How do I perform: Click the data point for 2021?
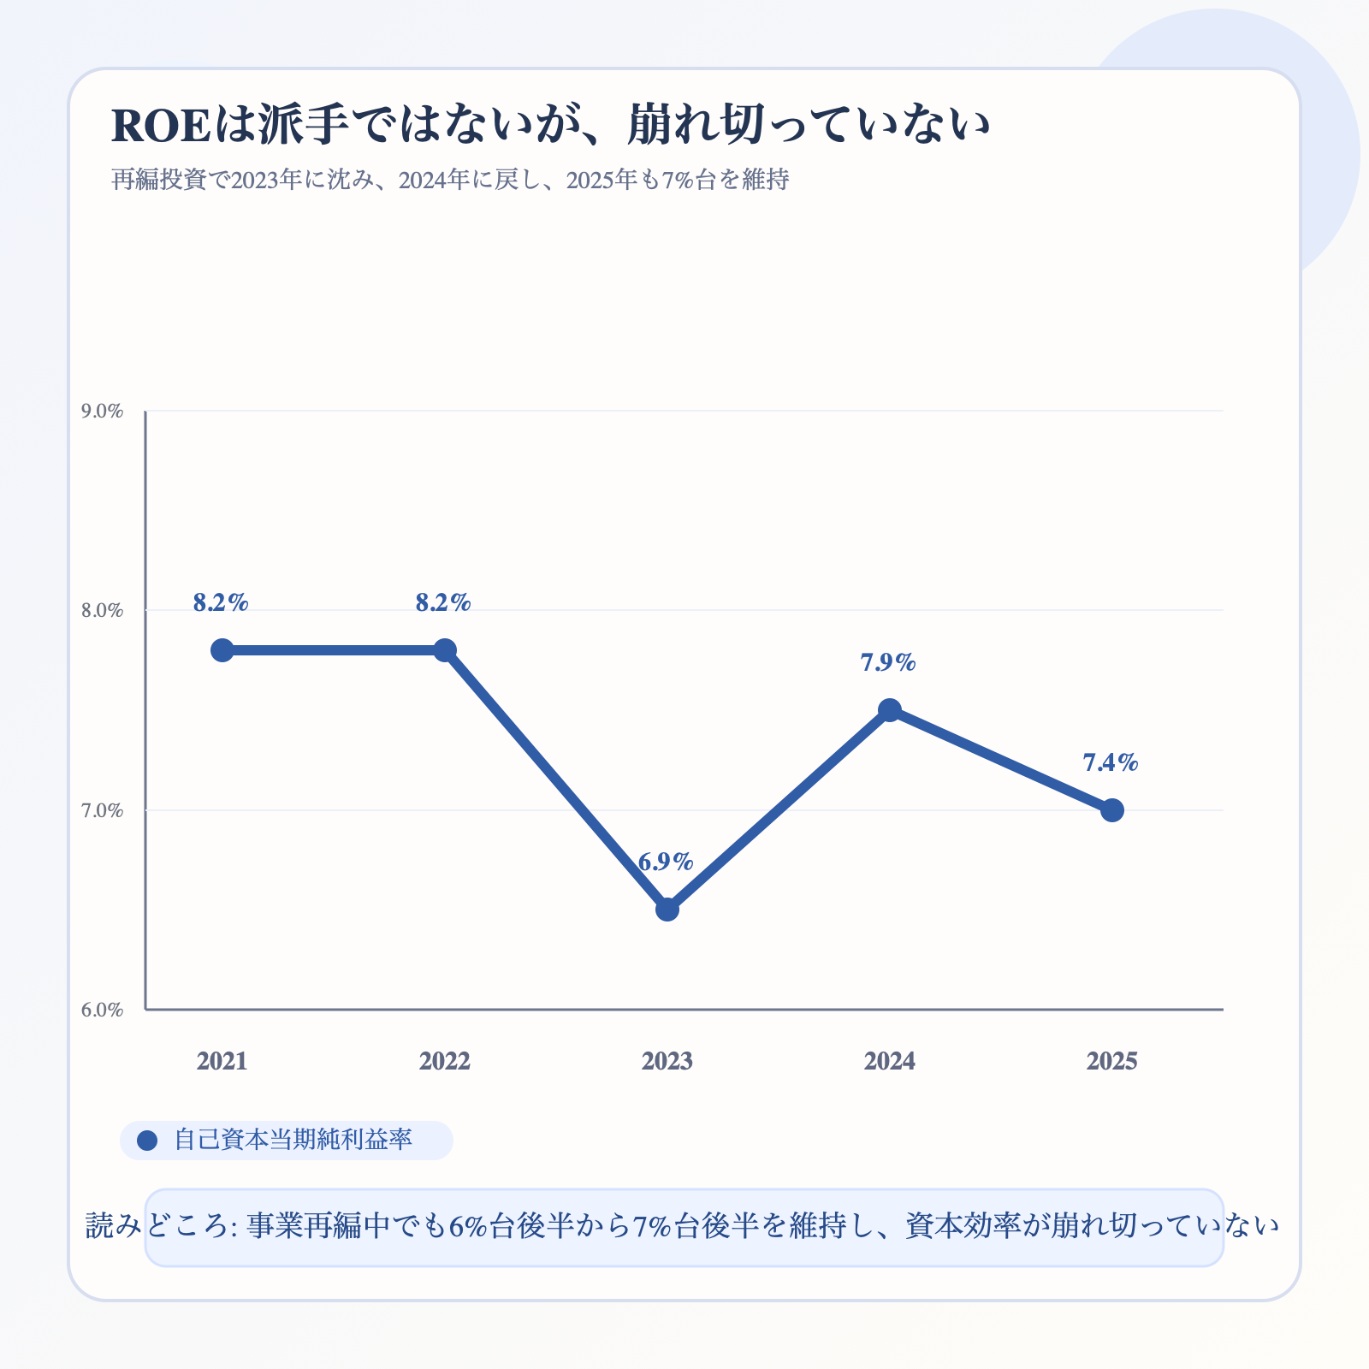222,650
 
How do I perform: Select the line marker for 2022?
445,650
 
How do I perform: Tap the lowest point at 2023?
667,910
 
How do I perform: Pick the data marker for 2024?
890,710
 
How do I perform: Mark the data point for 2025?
1112,810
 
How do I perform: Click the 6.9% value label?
666,862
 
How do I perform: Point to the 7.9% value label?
888,662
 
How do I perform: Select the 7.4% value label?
1111,762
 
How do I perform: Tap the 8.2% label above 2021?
221,602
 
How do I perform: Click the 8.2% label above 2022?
443,602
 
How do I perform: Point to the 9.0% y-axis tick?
103,412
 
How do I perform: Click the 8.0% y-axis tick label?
103,611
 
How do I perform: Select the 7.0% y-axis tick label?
103,810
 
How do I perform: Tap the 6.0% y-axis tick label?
103,1010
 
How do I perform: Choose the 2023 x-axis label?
667,1062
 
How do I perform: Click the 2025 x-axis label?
1112,1062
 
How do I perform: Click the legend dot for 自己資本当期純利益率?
147,1141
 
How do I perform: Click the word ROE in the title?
161,126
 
